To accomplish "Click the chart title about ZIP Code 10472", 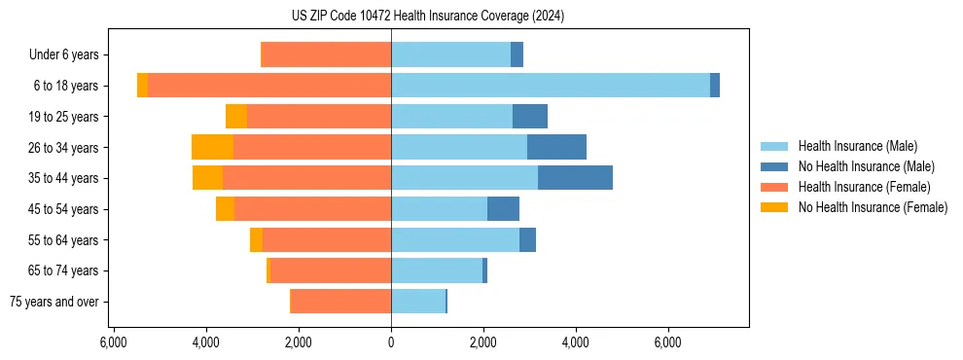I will click(427, 17).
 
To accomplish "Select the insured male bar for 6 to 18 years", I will click(550, 86).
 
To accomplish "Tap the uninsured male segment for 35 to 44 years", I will click(575, 178).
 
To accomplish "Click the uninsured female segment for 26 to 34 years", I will click(212, 147).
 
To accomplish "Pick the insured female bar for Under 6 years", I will click(326, 54).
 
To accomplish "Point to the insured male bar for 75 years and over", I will click(417, 302).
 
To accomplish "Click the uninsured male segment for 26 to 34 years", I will click(556, 147).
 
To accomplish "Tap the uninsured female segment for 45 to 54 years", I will click(225, 209).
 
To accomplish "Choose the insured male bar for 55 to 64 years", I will click(454, 239).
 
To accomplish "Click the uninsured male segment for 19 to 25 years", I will click(530, 117).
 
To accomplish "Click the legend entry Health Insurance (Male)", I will click(857, 146).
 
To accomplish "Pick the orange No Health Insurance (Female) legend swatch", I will click(774, 207).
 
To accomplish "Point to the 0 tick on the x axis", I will click(391, 342).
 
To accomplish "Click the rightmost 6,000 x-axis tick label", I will click(668, 342).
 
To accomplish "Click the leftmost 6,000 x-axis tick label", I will click(114, 342).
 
